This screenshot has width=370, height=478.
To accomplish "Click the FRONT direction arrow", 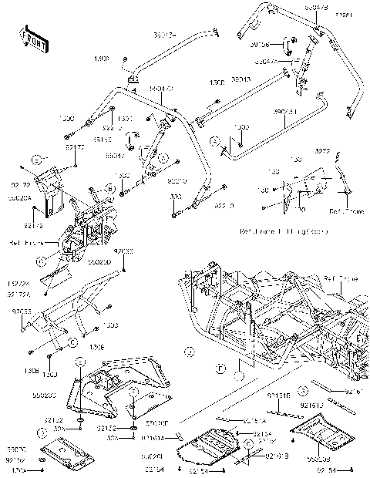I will (30, 36).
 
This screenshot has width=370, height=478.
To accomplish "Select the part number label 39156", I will (271, 45).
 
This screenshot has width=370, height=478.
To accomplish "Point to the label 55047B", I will (315, 6).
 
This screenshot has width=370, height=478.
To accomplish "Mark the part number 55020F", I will (155, 422).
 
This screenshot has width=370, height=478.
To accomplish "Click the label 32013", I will (240, 79).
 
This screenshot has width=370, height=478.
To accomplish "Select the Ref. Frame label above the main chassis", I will (336, 278).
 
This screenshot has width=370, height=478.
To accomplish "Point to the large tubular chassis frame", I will (270, 324).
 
